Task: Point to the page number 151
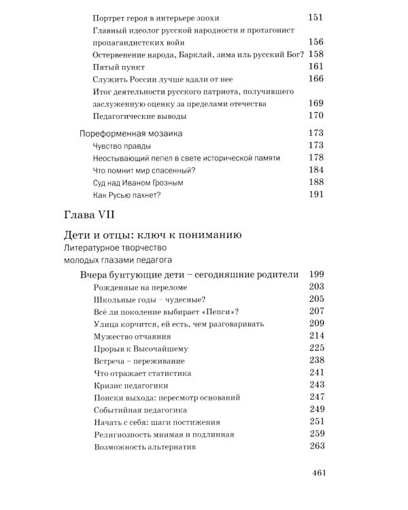click(x=316, y=17)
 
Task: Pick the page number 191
click(x=316, y=195)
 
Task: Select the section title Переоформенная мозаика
click(x=131, y=133)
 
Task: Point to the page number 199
click(x=316, y=274)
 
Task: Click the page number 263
click(x=316, y=447)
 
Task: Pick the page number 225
click(x=316, y=348)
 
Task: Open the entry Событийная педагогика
click(x=139, y=410)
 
